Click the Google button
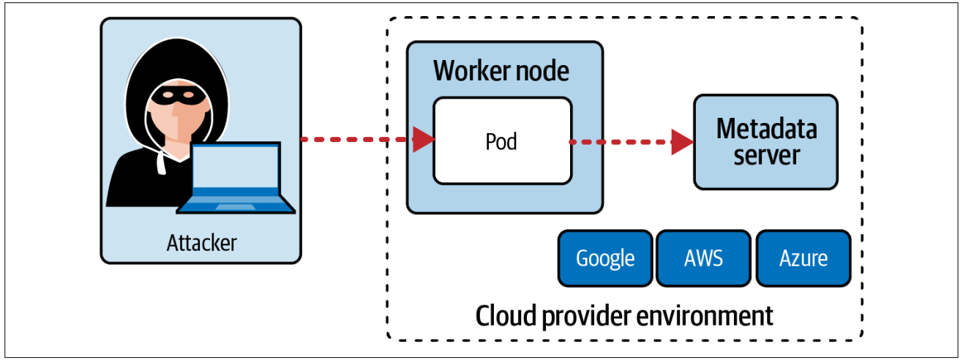tap(604, 258)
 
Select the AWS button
tap(703, 258)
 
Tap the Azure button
tap(803, 258)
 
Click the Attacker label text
tap(201, 242)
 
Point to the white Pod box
tap(502, 140)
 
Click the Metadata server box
tap(765, 142)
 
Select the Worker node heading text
tap(501, 71)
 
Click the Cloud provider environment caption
tap(624, 316)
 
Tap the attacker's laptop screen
tap(236, 169)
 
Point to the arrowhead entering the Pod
tap(423, 139)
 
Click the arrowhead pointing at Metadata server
tap(682, 142)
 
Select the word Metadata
tap(766, 129)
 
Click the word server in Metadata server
tap(766, 155)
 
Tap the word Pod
tap(502, 140)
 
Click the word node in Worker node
tap(543, 71)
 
